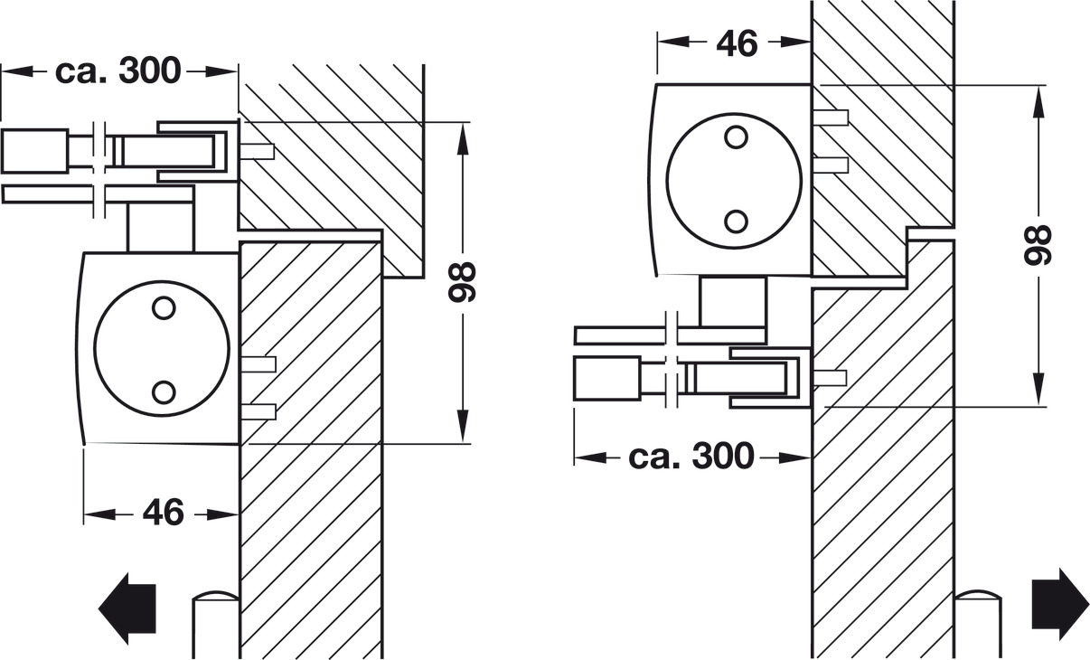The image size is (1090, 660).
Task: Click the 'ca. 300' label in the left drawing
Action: [118, 71]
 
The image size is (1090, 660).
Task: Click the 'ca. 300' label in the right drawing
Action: [691, 457]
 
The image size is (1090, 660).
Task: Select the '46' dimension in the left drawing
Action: [164, 512]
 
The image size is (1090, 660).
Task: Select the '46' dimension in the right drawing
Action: [738, 42]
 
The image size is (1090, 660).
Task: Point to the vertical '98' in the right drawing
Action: [1038, 245]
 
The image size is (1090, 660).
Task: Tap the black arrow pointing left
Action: [127, 608]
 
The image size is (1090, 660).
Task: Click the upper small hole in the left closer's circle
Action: [164, 307]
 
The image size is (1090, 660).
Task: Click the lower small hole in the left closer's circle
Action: [164, 392]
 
